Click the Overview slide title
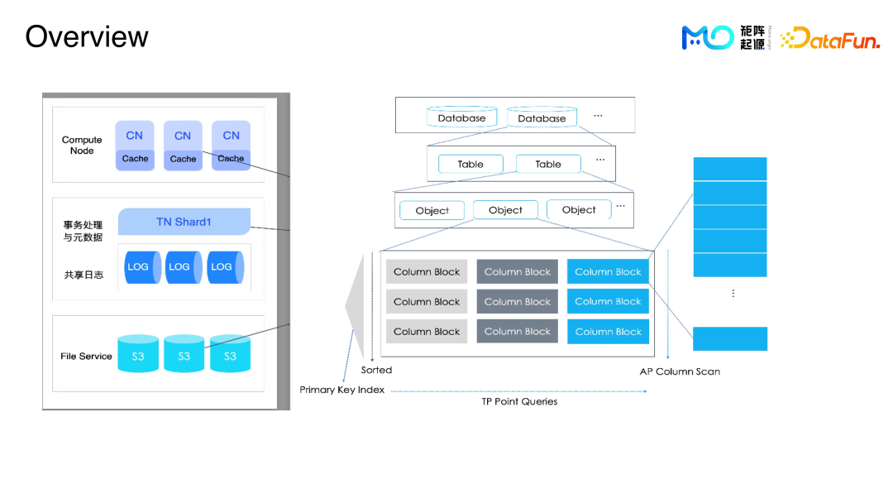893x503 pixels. click(x=87, y=37)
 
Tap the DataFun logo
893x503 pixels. click(x=830, y=38)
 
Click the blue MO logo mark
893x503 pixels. click(x=707, y=37)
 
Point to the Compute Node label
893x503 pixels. click(x=82, y=146)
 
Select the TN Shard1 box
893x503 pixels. click(x=184, y=222)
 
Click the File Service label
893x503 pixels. click(x=86, y=357)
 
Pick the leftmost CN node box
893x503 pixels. click(x=135, y=146)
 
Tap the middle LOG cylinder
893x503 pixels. click(x=181, y=267)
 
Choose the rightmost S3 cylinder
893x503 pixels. click(x=230, y=354)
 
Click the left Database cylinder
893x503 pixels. click(x=461, y=117)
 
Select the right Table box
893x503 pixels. click(x=548, y=164)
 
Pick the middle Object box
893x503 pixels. click(x=505, y=210)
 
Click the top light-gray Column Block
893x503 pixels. click(x=427, y=272)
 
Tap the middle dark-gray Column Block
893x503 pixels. click(x=518, y=302)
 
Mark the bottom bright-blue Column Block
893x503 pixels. click(x=608, y=332)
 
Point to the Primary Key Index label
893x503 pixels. click(x=341, y=390)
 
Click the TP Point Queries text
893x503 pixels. click(x=519, y=401)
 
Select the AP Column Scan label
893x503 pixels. click(x=680, y=371)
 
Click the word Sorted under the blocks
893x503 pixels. click(x=376, y=370)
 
